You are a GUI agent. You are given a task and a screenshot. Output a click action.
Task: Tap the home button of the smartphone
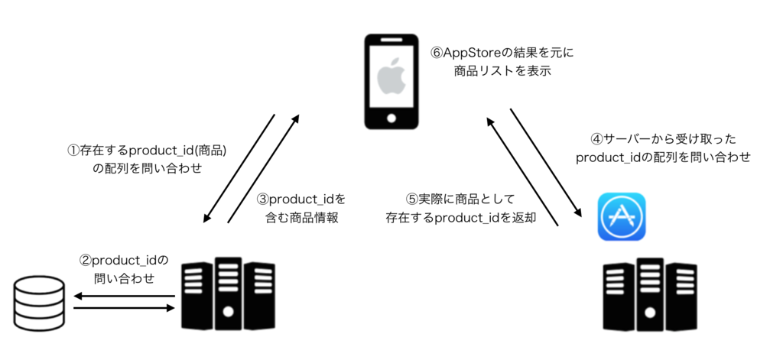click(x=391, y=118)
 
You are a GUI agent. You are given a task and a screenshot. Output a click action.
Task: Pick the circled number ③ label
click(x=263, y=199)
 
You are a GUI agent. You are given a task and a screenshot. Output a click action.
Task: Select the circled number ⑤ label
click(x=411, y=199)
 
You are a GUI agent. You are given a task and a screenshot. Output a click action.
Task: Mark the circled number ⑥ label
click(x=437, y=53)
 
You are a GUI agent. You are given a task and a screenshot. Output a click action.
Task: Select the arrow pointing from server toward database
click(x=125, y=297)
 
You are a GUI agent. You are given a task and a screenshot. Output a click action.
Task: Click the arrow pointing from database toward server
click(x=125, y=309)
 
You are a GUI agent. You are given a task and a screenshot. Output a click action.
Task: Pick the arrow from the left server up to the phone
click(x=263, y=168)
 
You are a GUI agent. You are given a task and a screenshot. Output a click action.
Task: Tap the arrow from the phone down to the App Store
click(x=547, y=162)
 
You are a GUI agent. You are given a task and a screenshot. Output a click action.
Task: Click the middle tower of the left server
click(x=228, y=294)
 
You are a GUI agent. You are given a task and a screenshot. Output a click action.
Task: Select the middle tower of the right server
click(x=650, y=294)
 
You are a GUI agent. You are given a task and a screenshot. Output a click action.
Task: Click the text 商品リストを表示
click(x=502, y=71)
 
